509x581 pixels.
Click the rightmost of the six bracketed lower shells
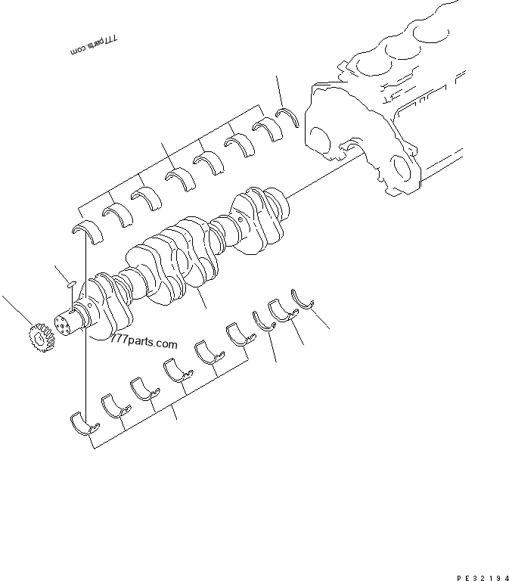(237, 333)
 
